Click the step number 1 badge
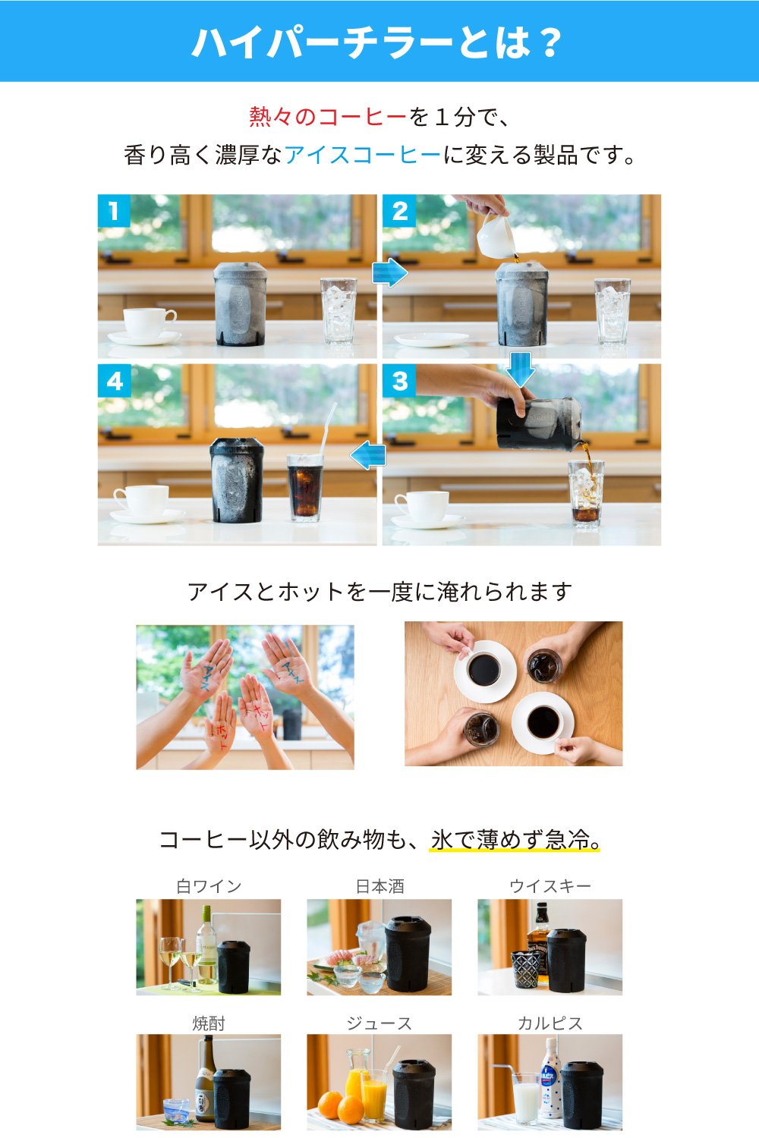[x=114, y=211]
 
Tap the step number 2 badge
[x=399, y=211]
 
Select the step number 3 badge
[x=399, y=381]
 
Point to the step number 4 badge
[x=114, y=381]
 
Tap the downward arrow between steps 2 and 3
[x=521, y=369]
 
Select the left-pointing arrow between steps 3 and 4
[x=367, y=455]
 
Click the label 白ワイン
[x=209, y=887]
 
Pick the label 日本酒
[x=379, y=887]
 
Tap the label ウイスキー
[x=550, y=887]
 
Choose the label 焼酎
[x=209, y=1023]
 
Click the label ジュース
[x=379, y=1023]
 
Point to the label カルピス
[x=550, y=1023]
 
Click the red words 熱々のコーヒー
[x=328, y=117]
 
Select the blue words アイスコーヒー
[x=363, y=155]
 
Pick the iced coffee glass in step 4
[x=305, y=488]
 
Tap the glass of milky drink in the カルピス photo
[x=526, y=1097]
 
